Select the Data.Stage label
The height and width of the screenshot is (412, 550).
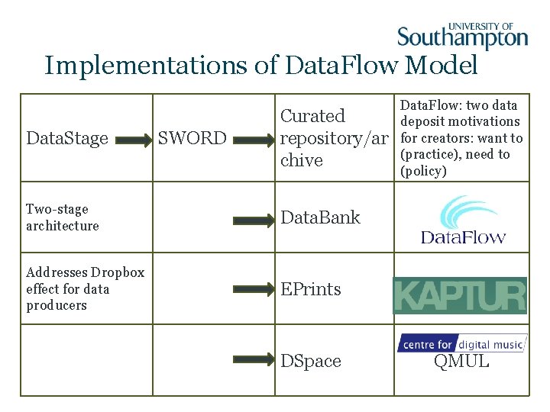coord(67,139)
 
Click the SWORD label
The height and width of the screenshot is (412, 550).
coord(192,139)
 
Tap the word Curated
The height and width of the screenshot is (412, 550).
coord(312,116)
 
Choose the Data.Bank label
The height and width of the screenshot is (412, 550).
coord(320,217)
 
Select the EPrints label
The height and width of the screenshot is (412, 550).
coord(311,289)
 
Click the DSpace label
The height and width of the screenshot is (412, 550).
coord(311,361)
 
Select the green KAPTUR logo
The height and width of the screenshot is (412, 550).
coord(460,295)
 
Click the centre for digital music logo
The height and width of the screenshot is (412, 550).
coord(461,344)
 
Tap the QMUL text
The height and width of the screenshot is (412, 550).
coord(461,362)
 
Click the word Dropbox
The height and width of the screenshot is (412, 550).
coord(118,272)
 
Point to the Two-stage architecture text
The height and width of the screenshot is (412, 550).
coord(63,217)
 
